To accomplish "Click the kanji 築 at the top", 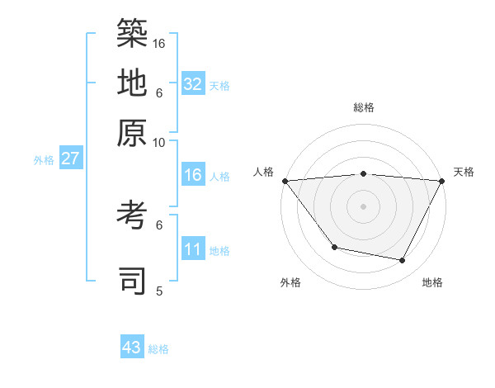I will (133, 33).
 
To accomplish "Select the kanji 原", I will (133, 132).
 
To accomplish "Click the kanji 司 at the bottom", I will (133, 281).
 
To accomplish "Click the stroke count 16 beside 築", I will (160, 43).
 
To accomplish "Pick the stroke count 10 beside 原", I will (160, 142).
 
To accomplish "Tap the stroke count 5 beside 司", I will (160, 291).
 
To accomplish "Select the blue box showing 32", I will (193, 84).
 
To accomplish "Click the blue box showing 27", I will (70, 159).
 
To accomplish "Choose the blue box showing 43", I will (132, 348).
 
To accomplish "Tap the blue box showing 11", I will (193, 249).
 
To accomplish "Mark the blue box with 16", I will (193, 175).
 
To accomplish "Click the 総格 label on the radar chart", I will (363, 107).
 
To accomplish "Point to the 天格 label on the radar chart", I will (464, 172).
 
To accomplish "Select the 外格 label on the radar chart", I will (290, 282).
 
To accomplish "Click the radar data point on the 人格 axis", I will (285, 181).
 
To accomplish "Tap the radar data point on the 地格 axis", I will (403, 261).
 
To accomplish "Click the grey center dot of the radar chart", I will (363, 206).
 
